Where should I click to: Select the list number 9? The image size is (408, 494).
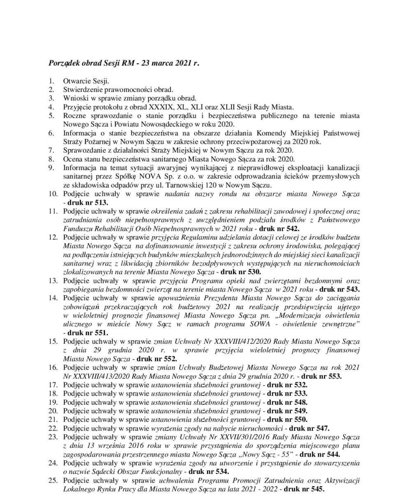pyautogui.click(x=51, y=168)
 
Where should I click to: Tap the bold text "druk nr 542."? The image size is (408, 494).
pyautogui.click(x=279, y=228)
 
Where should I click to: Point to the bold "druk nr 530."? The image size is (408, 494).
pyautogui.click(x=241, y=272)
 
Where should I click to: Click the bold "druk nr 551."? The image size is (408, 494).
pyautogui.click(x=88, y=333)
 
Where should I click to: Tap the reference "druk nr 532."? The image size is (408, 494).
pyautogui.click(x=287, y=385)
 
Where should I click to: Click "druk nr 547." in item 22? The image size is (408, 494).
pyautogui.click(x=309, y=428)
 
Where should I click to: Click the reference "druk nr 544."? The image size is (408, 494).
pyautogui.click(x=320, y=454)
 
